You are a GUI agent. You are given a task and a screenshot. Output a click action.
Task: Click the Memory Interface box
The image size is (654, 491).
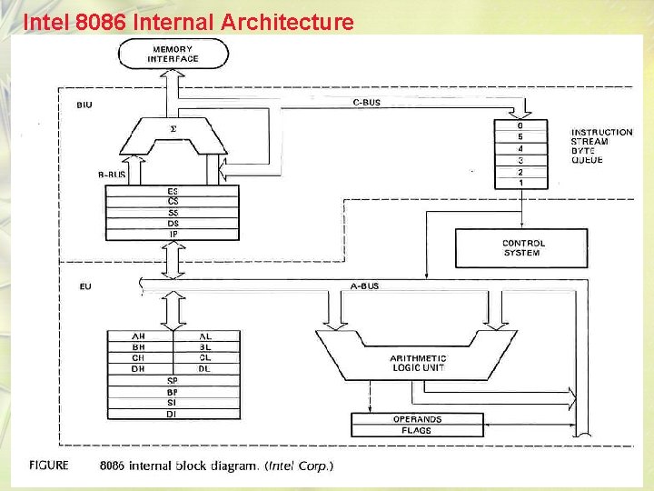(x=173, y=54)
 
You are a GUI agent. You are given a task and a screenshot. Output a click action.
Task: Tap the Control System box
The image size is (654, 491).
(x=523, y=247)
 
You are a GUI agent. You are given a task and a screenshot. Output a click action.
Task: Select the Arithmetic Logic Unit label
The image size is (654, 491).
(x=418, y=363)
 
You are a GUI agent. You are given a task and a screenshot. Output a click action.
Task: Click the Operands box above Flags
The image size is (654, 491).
(x=417, y=419)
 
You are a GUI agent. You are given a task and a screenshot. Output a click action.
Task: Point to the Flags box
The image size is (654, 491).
(x=417, y=430)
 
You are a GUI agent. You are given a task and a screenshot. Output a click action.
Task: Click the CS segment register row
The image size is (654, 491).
(x=173, y=200)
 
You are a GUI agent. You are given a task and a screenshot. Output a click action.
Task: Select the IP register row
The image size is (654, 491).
(x=173, y=234)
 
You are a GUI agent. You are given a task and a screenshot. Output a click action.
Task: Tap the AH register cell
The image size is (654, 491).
(x=139, y=336)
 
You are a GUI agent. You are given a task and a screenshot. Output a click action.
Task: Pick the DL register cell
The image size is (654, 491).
(x=205, y=368)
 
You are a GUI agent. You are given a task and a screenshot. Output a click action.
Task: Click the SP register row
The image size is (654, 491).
(x=173, y=380)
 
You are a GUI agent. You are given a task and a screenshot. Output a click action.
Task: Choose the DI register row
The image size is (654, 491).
(x=173, y=414)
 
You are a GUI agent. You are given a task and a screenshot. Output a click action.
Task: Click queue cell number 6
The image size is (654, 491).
(x=520, y=125)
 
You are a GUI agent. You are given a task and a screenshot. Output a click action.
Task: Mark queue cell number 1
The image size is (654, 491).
(x=520, y=183)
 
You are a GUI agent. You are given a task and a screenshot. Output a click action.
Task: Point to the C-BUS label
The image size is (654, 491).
(x=366, y=103)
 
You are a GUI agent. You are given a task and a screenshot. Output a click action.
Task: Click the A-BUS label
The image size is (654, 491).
(x=364, y=286)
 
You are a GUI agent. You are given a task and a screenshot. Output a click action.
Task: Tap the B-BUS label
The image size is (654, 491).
(x=112, y=173)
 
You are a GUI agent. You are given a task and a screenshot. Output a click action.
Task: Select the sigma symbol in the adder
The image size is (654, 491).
(x=173, y=129)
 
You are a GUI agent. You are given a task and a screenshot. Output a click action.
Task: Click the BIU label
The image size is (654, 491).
(x=84, y=105)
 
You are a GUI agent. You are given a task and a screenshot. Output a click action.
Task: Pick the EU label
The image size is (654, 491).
(x=84, y=286)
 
